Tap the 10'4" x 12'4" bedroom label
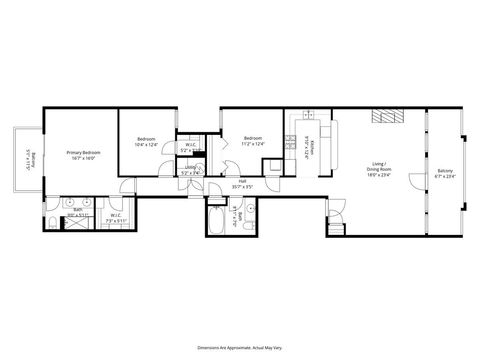(147, 142)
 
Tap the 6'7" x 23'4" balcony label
(445, 173)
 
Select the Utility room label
(190, 169)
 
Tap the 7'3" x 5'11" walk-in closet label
(114, 217)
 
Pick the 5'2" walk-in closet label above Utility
(190, 147)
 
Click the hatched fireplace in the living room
(387, 117)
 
